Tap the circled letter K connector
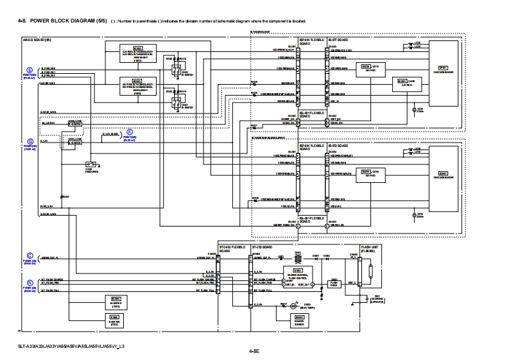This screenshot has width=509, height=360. (x=129, y=132)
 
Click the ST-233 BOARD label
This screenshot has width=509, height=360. (x=263, y=246)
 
